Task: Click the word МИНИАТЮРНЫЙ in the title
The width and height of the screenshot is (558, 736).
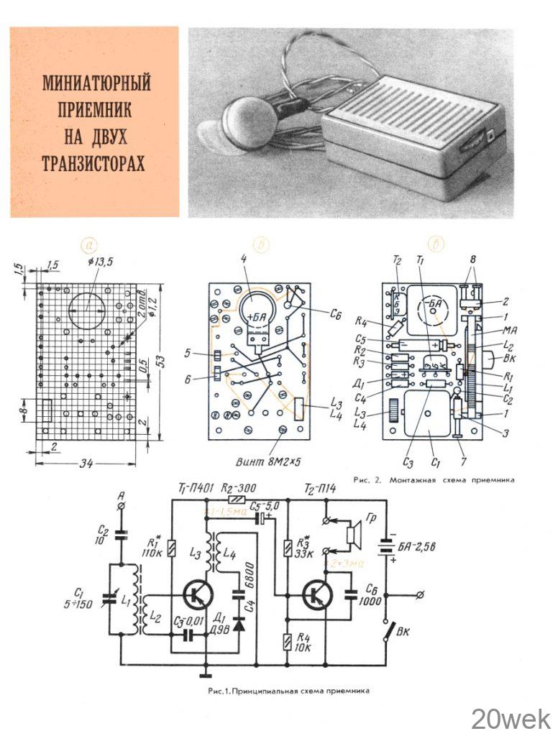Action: [x=96, y=83]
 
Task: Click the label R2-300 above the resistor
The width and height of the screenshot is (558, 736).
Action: [x=238, y=487]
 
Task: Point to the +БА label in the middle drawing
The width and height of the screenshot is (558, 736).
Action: [x=255, y=316]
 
